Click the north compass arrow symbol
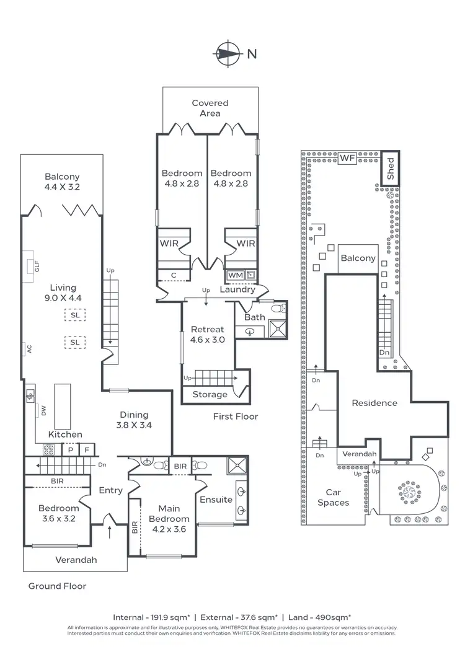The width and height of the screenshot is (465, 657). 229,53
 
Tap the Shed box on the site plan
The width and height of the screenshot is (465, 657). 391,168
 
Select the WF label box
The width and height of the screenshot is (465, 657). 347,158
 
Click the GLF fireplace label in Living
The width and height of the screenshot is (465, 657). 37,267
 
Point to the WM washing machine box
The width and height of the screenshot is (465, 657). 235,275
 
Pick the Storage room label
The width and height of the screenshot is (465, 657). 210,395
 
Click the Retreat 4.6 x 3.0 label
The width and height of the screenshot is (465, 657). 207,334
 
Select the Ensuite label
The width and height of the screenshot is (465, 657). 216,500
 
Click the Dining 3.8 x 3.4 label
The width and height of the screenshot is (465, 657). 134,420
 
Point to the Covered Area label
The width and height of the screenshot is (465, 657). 210,108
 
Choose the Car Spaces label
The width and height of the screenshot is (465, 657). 333,498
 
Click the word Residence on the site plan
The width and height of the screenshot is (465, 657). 374,403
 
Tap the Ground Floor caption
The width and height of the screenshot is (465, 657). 57,586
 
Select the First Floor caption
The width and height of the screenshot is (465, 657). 235,417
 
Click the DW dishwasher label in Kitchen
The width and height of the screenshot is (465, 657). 36,410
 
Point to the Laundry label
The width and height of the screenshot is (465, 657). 237,289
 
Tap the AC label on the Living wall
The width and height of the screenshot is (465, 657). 29,349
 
